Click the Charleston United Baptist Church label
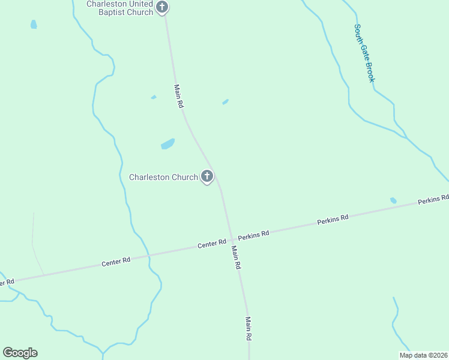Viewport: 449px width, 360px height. pos(119,8)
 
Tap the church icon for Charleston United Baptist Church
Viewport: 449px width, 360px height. pos(162,7)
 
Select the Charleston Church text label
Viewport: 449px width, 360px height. pos(163,177)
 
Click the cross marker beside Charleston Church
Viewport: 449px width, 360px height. pos(207,176)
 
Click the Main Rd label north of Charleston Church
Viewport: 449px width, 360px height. pos(179,96)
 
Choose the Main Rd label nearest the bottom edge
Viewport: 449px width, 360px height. pos(247,329)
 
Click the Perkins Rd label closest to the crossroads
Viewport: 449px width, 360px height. pos(253,234)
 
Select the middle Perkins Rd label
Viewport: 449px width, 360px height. pos(333,220)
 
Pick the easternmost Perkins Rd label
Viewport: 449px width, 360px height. pos(433,200)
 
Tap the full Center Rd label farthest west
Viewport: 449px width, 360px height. pos(116,262)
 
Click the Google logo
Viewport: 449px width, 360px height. pos(20,352)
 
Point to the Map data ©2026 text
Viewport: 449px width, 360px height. pos(423,355)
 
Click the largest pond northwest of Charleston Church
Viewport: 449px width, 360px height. pos(167,144)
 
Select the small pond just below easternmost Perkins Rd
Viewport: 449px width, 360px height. pos(393,200)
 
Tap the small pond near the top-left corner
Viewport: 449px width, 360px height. pos(34,25)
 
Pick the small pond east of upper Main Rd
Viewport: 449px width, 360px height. pos(225,102)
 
